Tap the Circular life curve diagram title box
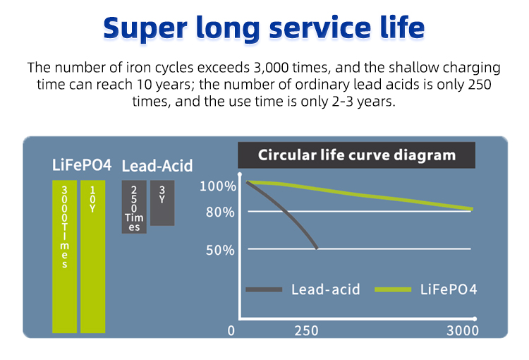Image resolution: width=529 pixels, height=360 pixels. click(x=357, y=155)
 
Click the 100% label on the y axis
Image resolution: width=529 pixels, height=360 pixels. click(x=218, y=186)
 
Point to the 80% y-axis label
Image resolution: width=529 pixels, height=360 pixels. click(x=220, y=212)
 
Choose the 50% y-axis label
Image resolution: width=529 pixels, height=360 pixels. click(x=220, y=251)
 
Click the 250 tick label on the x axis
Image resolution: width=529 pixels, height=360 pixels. click(x=306, y=330)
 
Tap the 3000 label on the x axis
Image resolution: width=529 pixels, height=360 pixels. click(x=463, y=330)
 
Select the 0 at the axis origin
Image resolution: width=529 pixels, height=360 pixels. click(x=231, y=330)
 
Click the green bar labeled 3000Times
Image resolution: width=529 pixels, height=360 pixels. click(x=64, y=257)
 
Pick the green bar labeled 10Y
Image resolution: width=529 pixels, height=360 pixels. click(x=93, y=257)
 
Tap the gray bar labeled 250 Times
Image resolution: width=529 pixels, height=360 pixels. click(x=134, y=207)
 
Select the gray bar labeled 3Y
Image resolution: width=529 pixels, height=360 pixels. click(x=162, y=203)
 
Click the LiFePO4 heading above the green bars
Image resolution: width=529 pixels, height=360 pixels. click(x=82, y=165)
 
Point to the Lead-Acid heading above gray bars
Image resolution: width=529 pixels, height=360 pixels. click(x=157, y=166)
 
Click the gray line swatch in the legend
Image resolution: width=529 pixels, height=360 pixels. click(x=264, y=289)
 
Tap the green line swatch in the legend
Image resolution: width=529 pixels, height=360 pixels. click(x=393, y=289)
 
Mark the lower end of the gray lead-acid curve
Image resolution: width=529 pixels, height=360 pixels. click(x=317, y=248)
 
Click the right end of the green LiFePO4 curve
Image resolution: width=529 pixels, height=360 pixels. click(x=472, y=210)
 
